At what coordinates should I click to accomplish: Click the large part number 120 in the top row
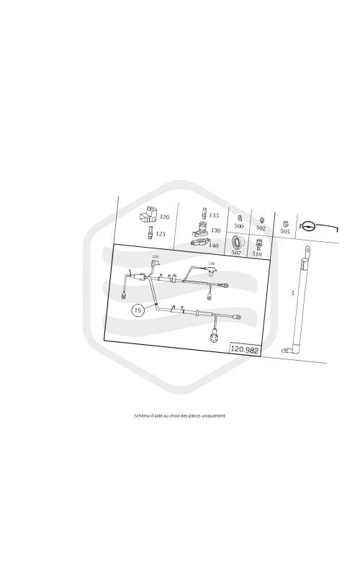(x=165, y=217)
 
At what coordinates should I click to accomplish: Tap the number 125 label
(x=161, y=233)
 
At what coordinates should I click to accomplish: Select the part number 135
(x=214, y=215)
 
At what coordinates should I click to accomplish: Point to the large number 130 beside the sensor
(x=215, y=230)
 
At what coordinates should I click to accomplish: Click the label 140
(x=213, y=245)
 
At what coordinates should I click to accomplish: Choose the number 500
(x=239, y=226)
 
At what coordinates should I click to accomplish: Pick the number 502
(x=261, y=228)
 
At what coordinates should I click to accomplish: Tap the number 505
(x=284, y=231)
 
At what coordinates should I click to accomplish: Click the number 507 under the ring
(x=236, y=253)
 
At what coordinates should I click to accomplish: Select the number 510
(x=257, y=254)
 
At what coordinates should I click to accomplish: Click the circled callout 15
(x=138, y=310)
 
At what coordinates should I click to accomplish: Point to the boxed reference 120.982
(x=244, y=349)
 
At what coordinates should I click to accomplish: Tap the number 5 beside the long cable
(x=292, y=293)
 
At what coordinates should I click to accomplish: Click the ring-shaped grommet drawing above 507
(x=237, y=243)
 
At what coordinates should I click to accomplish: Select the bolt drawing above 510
(x=258, y=244)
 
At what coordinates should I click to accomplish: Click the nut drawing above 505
(x=285, y=223)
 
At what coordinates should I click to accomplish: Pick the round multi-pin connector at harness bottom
(x=214, y=337)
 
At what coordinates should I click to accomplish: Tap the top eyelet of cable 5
(x=307, y=251)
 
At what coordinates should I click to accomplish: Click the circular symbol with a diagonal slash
(x=308, y=226)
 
